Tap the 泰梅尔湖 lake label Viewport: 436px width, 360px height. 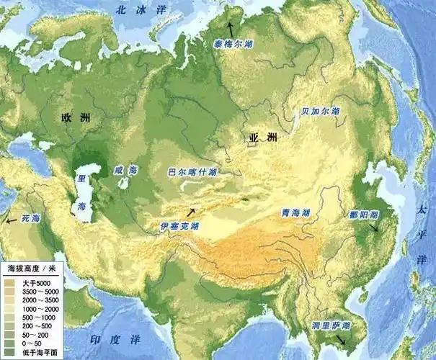pyautogui.click(x=233, y=42)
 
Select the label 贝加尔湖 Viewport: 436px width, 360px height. pyautogui.click(x=320, y=112)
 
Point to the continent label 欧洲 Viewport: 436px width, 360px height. pyautogui.click(x=75, y=117)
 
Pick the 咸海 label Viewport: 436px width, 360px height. pyautogui.click(x=123, y=171)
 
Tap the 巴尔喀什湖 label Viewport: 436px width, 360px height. pyautogui.click(x=192, y=173)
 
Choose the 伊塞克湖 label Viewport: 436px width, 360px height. pyautogui.click(x=179, y=226)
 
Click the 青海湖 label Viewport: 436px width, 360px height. pyautogui.click(x=295, y=214)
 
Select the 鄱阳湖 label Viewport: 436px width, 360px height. pyautogui.click(x=364, y=215)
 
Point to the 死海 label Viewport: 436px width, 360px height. pyautogui.click(x=30, y=217)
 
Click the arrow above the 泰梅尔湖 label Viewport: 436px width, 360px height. pyautogui.click(x=231, y=29)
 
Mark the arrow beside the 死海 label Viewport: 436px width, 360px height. pyautogui.click(x=9, y=222)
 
